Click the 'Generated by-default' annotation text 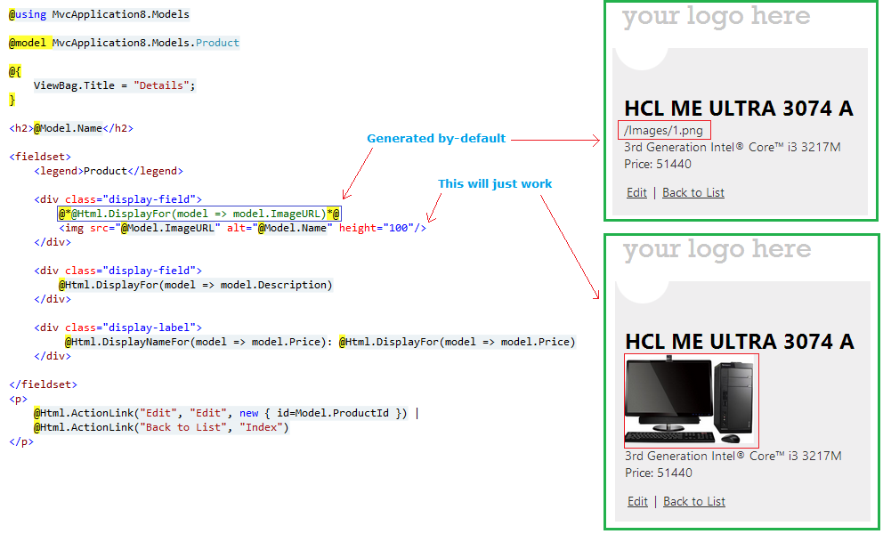tap(436, 139)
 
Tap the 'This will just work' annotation tap(495, 183)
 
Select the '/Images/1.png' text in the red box tap(663, 131)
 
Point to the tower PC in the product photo tap(733, 397)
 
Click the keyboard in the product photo tap(670, 437)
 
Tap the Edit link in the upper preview tap(636, 192)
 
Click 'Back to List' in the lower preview tap(693, 501)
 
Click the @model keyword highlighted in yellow tap(28, 43)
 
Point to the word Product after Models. tap(217, 43)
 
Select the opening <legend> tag tap(59, 171)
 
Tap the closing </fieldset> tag tap(44, 384)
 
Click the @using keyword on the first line tap(28, 14)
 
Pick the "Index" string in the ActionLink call tap(262, 427)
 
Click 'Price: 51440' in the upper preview tap(657, 165)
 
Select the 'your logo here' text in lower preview tap(717, 249)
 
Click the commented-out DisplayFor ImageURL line tap(199, 214)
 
